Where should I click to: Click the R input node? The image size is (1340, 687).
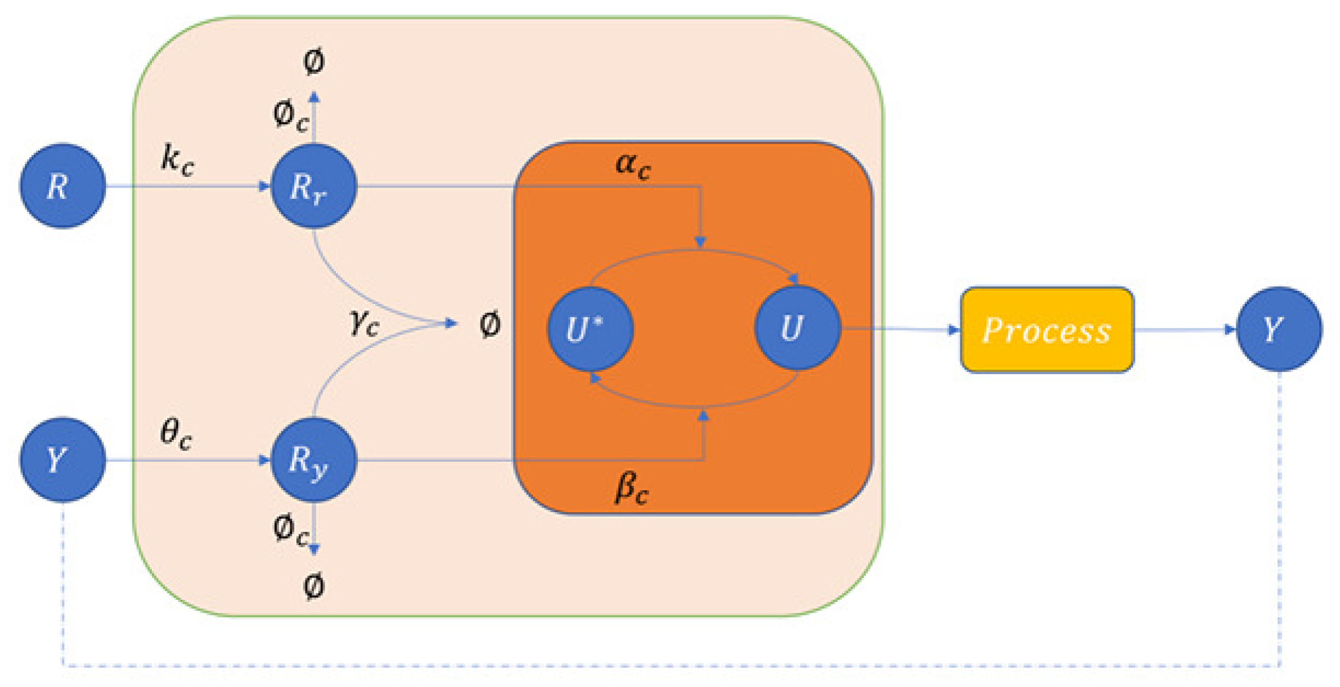tap(63, 186)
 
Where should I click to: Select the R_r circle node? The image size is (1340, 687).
tap(314, 186)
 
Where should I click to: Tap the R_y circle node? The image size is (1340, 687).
tap(314, 460)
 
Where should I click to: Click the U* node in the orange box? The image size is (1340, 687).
tap(590, 329)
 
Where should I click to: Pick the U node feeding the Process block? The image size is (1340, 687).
tap(797, 328)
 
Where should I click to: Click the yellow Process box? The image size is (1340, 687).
tap(1047, 330)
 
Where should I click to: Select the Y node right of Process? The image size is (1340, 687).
tap(1279, 329)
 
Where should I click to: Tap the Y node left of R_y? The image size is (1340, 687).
tap(63, 460)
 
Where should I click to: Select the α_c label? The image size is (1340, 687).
tap(633, 165)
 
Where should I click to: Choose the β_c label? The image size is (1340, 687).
tap(632, 489)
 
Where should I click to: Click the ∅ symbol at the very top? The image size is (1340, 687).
tap(314, 62)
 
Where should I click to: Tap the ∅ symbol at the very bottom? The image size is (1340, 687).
tap(314, 586)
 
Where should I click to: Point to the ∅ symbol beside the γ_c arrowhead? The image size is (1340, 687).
tap(490, 324)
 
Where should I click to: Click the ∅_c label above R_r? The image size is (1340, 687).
tap(290, 115)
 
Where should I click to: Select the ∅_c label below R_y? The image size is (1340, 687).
tap(290, 530)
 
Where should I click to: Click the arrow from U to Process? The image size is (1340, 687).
tap(900, 329)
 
